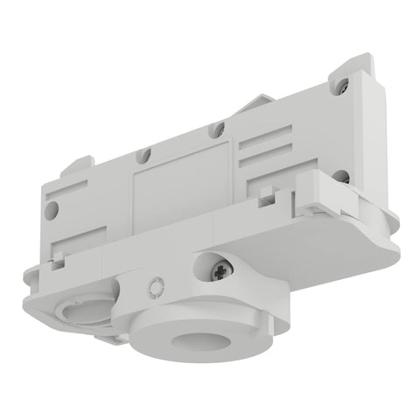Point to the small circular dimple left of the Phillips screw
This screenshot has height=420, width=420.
156,285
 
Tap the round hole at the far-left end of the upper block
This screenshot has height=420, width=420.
53,209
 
